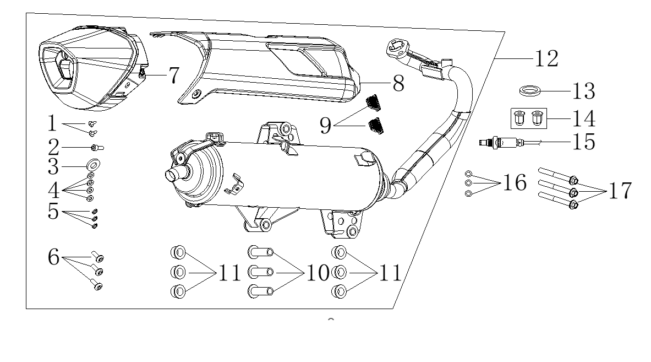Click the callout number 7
click(x=174, y=75)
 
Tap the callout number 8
click(x=398, y=84)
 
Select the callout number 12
click(x=546, y=58)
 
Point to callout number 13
click(x=584, y=91)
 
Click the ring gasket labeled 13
click(x=530, y=90)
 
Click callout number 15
click(x=584, y=142)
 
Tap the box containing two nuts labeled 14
click(x=528, y=118)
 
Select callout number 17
click(x=620, y=191)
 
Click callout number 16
click(x=515, y=182)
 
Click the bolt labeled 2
click(x=97, y=148)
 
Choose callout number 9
click(x=326, y=125)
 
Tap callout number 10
click(x=318, y=273)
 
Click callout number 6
click(x=53, y=257)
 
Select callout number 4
click(x=53, y=191)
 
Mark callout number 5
click(x=53, y=211)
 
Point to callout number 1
click(x=52, y=123)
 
